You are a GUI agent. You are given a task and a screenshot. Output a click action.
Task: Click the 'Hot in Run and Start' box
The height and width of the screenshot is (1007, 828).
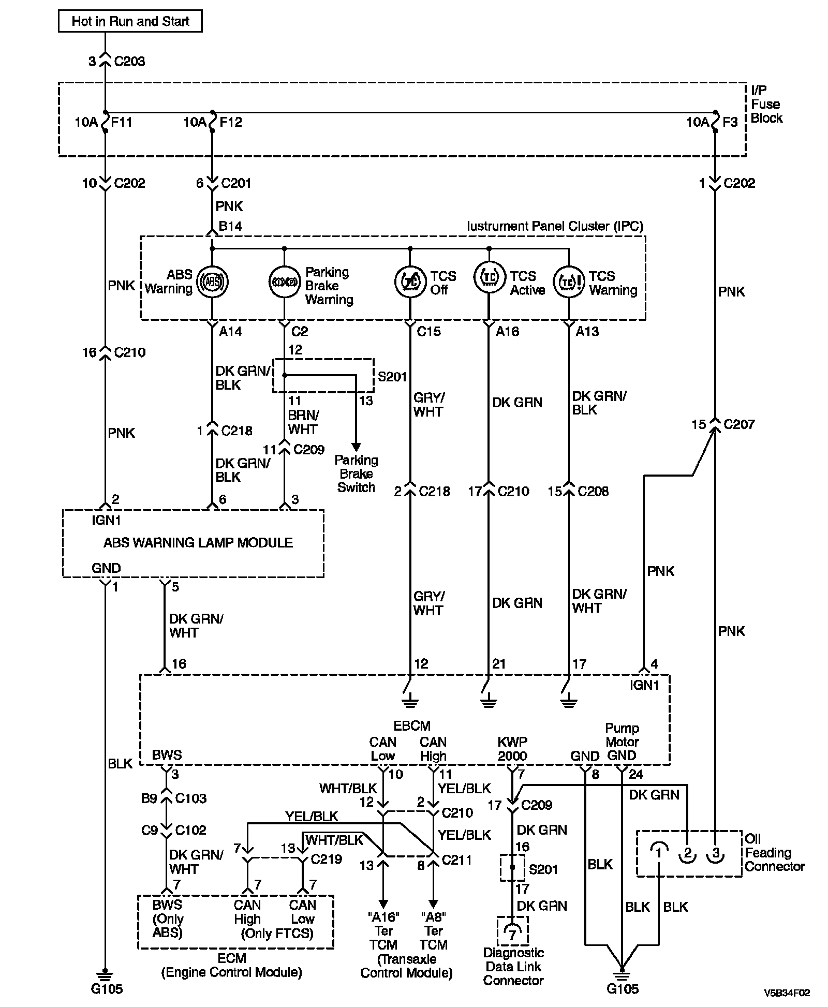pos(130,21)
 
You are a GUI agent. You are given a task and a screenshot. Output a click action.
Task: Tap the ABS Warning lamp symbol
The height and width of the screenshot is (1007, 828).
pos(212,282)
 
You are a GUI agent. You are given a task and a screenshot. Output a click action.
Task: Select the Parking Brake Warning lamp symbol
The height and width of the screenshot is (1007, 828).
pos(284,282)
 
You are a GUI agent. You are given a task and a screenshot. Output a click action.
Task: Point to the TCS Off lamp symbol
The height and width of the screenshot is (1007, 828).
pos(410,282)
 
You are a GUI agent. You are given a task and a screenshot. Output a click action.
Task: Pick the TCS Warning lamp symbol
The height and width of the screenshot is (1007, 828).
pos(568,282)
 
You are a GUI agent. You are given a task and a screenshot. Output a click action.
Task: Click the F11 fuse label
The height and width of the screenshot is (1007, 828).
pos(122,122)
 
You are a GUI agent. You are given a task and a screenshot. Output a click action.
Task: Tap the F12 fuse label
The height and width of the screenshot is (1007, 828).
pos(231,122)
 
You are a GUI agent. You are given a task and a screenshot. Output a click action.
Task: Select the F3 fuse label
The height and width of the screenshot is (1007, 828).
pos(730,122)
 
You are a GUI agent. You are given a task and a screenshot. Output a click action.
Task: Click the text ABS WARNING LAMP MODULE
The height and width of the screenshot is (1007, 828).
pos(198,542)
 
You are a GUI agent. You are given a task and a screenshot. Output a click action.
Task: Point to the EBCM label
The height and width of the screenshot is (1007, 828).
pos(412,725)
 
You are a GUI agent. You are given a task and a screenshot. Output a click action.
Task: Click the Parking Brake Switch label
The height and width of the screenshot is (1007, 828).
pos(356,473)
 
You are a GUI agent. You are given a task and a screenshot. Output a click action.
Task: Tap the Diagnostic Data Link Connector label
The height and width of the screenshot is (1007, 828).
pos(513,966)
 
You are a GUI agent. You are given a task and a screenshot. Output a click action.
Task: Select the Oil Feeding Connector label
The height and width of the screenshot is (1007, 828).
pos(774,852)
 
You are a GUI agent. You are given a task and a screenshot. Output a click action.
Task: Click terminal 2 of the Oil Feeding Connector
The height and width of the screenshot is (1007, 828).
pos(687,852)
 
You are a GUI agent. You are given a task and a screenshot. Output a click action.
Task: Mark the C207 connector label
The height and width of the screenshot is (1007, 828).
pos(739,424)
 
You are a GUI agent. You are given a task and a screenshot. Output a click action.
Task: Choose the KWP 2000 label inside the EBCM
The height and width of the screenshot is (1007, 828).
pos(512,749)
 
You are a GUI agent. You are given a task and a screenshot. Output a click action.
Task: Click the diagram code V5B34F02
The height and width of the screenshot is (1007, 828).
pos(787,993)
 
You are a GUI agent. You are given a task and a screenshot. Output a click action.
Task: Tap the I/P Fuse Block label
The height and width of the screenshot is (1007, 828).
pos(766,105)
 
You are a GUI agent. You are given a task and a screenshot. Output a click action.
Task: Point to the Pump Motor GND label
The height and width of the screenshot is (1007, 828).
pos(622,742)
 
